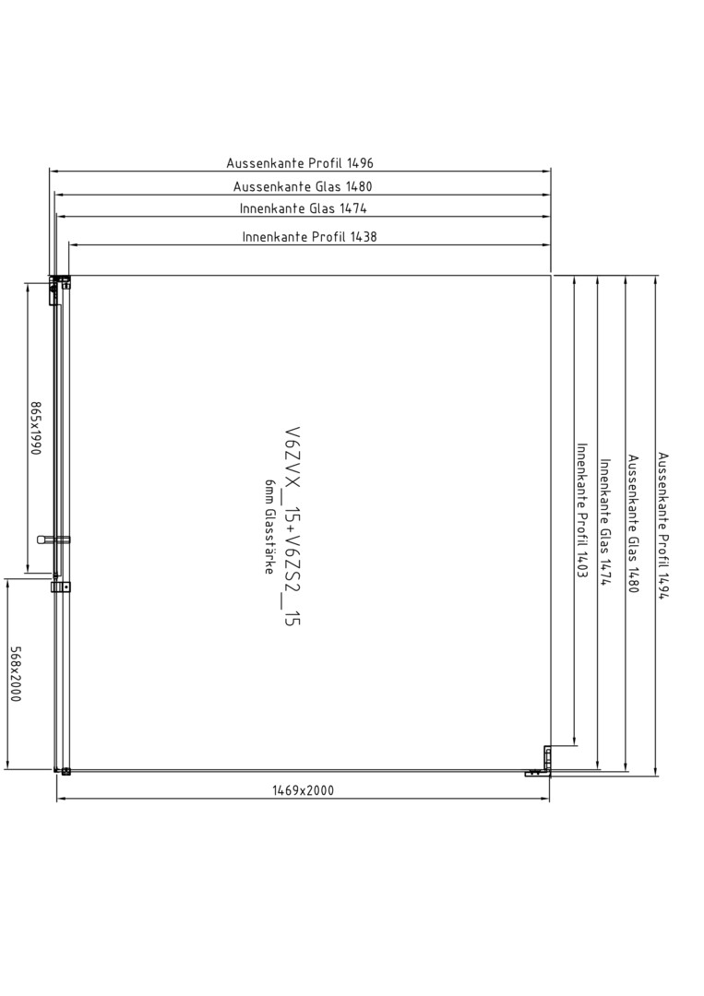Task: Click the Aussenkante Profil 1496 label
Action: [x=300, y=162]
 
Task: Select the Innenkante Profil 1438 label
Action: [x=309, y=237]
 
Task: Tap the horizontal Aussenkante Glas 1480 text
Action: [x=303, y=186]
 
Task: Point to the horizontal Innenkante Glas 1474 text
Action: [x=303, y=208]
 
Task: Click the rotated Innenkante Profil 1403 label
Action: [x=581, y=510]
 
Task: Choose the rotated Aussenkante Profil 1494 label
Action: [x=663, y=526]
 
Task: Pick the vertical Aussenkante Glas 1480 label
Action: [x=634, y=524]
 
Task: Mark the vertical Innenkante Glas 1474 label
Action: [x=605, y=523]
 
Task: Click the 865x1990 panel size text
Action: [x=36, y=428]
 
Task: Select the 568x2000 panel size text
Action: [x=16, y=674]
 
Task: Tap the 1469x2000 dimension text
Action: [x=303, y=790]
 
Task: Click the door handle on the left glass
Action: [x=54, y=539]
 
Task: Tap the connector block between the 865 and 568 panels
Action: [x=61, y=587]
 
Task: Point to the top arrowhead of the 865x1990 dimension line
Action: [x=27, y=288]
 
